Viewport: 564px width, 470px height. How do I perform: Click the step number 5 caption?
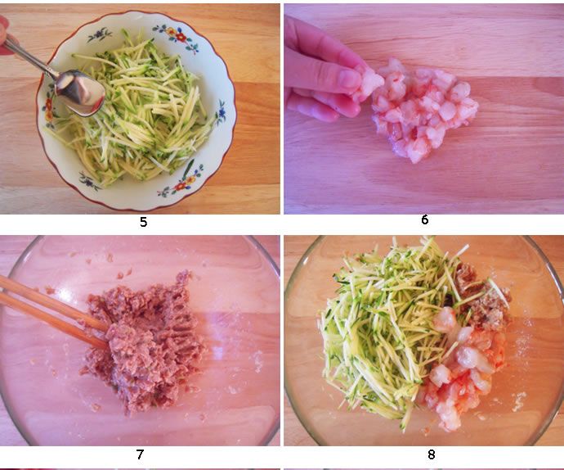(143, 222)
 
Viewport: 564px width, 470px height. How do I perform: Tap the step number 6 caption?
(425, 219)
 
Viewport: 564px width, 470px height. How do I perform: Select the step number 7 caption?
(140, 454)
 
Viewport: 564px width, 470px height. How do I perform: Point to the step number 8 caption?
(432, 454)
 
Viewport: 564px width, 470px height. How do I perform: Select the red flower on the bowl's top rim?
(181, 37)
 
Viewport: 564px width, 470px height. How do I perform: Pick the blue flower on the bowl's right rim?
(222, 112)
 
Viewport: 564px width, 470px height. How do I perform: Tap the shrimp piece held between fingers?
(370, 81)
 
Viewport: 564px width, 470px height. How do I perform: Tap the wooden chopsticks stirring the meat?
(54, 310)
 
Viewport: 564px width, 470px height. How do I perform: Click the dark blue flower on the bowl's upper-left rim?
(99, 35)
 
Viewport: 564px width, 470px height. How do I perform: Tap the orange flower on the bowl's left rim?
(48, 108)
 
